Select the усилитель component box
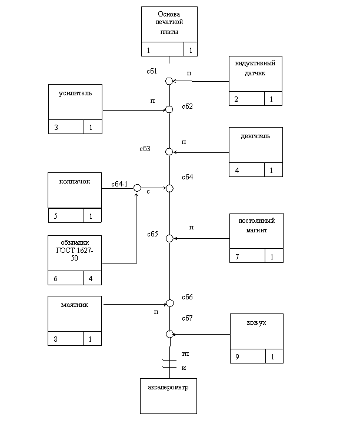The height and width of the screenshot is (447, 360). tap(75, 102)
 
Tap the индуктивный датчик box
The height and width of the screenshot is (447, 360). tap(255, 74)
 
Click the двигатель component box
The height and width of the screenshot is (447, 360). tap(255, 145)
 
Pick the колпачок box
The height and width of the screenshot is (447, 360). tap(75, 190)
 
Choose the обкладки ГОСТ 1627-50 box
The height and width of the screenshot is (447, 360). tap(75, 253)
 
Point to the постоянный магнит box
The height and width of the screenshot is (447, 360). tap(256, 231)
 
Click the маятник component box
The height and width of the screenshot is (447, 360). tap(75, 313)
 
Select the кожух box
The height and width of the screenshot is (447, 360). tap(256, 331)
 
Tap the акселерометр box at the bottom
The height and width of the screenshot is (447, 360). tap(168, 396)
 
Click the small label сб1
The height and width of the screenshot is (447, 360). tap(155, 71)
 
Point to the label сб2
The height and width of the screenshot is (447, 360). tap(190, 106)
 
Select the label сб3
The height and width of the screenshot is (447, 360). tap(148, 149)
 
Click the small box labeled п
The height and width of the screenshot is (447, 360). tap(184, 141)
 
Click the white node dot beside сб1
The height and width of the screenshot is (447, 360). tap(169, 81)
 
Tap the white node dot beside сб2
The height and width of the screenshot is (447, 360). tap(169, 109)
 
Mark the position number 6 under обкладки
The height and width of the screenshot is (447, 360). tap(56, 279)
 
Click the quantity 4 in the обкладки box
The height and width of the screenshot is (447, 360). tap(91, 279)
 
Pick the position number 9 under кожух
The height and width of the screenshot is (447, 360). tap(238, 357)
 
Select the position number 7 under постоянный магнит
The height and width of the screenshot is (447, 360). tap(237, 257)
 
